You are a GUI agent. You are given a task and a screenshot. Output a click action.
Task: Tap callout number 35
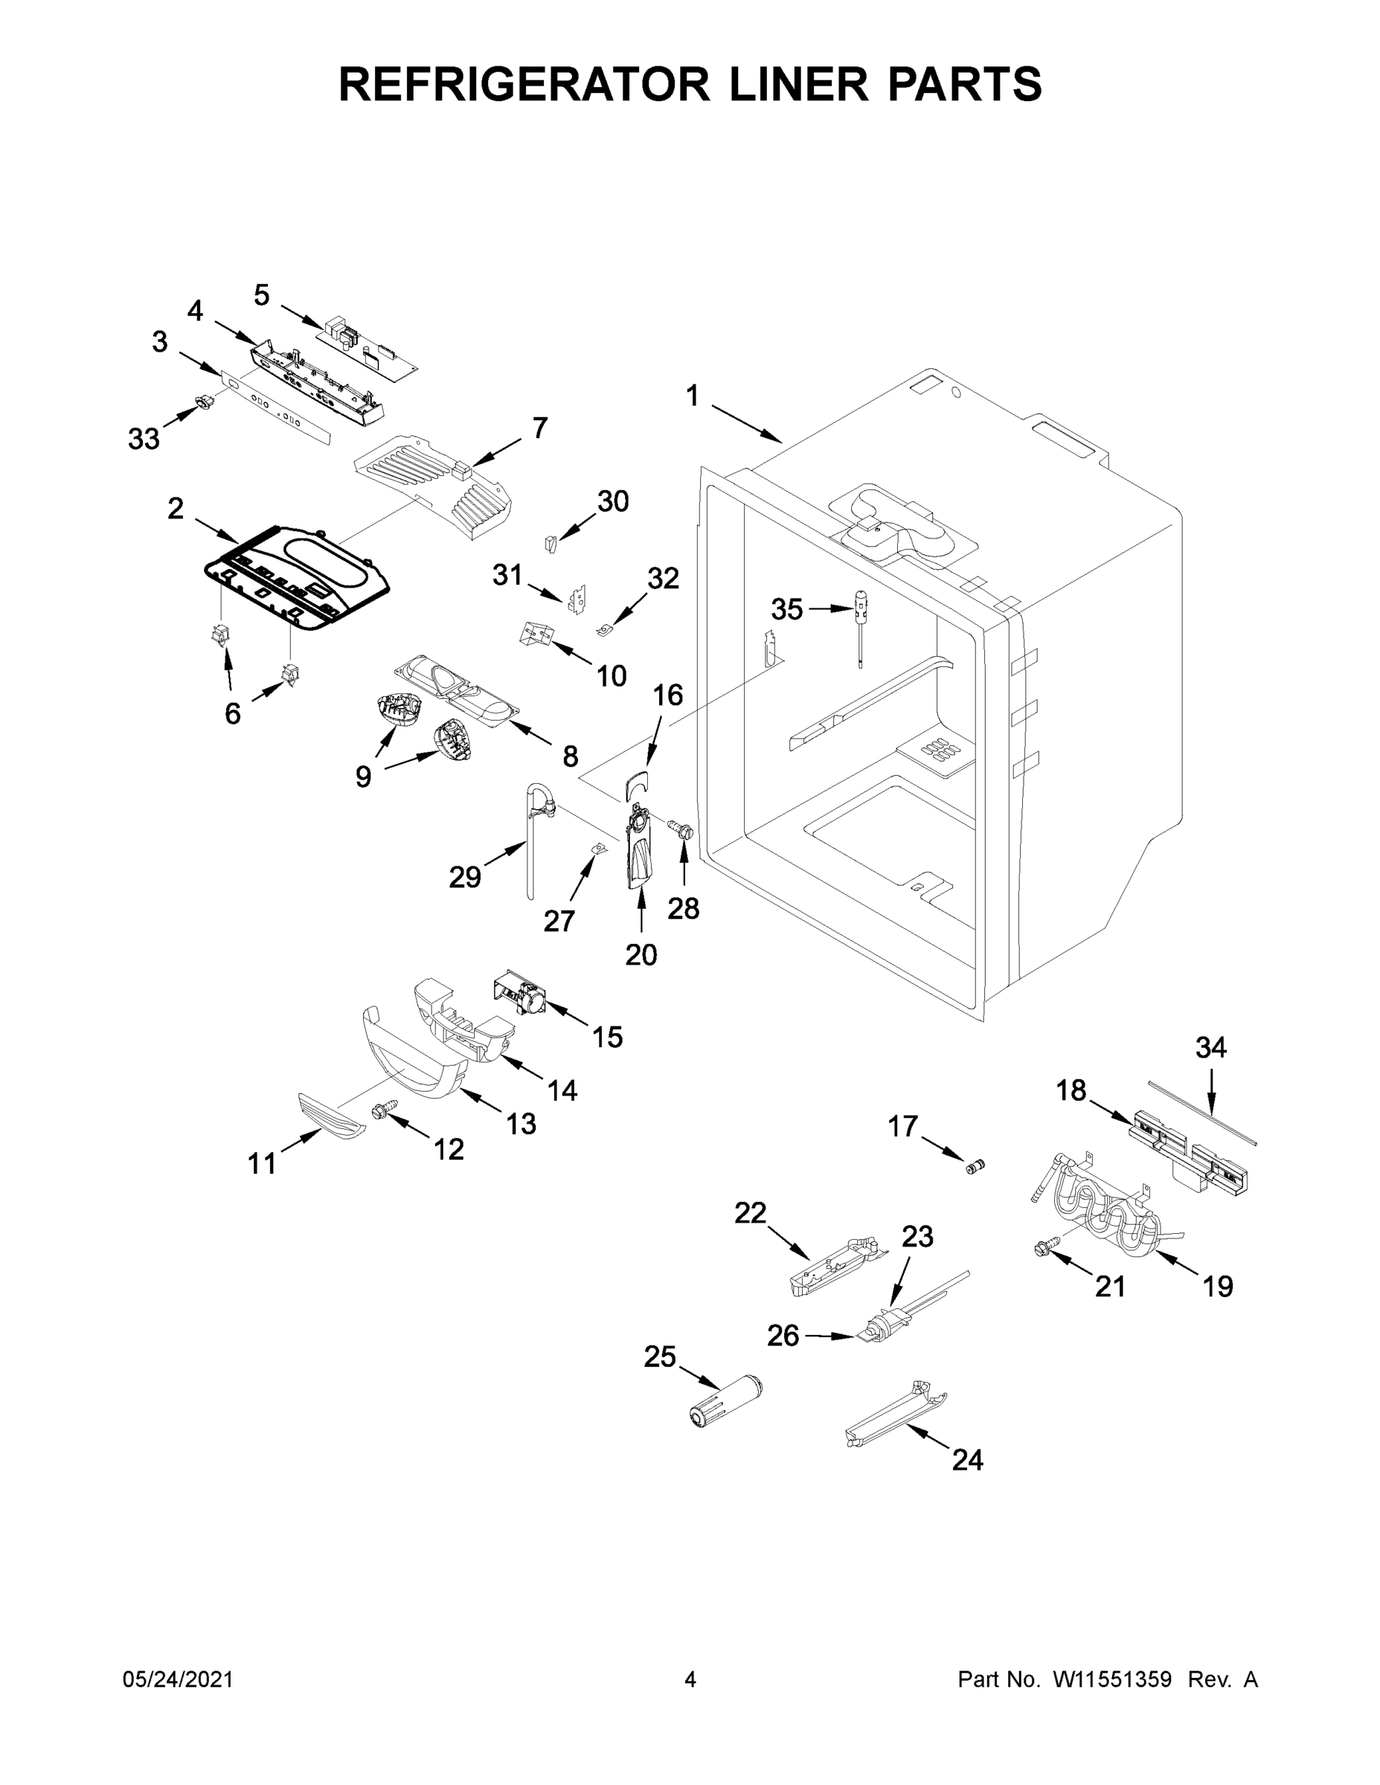[x=786, y=609]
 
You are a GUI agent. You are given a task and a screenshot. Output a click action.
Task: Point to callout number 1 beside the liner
[x=693, y=396]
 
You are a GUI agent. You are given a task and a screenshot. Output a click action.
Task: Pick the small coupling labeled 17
[x=976, y=1165]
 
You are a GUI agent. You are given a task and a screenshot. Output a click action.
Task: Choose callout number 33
[x=144, y=439]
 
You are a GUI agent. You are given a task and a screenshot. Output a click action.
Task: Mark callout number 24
[x=967, y=1460]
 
